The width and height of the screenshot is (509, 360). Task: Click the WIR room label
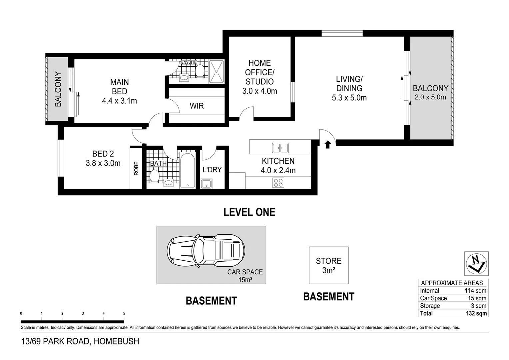pyautogui.click(x=197, y=106)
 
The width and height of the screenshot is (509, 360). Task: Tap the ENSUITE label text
pyautogui.click(x=189, y=62)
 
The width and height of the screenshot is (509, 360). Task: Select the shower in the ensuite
pyautogui.click(x=217, y=72)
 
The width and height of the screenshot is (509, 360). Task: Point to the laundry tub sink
pyautogui.click(x=207, y=183)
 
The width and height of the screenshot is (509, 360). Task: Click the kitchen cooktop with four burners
pyautogui.click(x=278, y=183)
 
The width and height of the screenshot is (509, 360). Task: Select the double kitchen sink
pyautogui.click(x=280, y=148)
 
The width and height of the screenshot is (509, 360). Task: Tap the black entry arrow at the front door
pyautogui.click(x=327, y=144)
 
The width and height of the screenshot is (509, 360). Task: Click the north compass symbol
pyautogui.click(x=476, y=263)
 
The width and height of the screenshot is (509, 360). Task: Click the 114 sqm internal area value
pyautogui.click(x=475, y=291)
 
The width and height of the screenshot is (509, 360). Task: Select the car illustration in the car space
pyautogui.click(x=206, y=251)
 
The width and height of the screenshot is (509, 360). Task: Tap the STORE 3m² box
pyautogui.click(x=328, y=265)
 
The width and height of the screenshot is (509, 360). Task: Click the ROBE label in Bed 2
pyautogui.click(x=136, y=169)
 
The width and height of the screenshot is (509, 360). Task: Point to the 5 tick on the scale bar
pyautogui.click(x=124, y=314)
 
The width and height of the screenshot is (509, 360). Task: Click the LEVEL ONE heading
pyautogui.click(x=249, y=212)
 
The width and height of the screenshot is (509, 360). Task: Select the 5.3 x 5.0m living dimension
pyautogui.click(x=349, y=98)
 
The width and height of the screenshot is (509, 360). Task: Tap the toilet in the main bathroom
pyautogui.click(x=154, y=176)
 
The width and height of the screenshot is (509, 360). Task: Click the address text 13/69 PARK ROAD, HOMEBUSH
pyautogui.click(x=80, y=341)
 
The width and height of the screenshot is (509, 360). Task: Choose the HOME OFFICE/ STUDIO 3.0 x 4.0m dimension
pyautogui.click(x=259, y=91)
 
